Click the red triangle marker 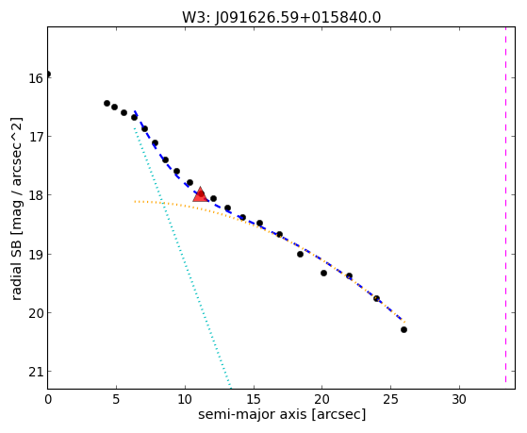[200, 194]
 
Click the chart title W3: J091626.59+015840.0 [281, 18]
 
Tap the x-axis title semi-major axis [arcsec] [282, 414]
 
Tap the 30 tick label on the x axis [459, 400]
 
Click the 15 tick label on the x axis [254, 400]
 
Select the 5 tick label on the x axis [116, 400]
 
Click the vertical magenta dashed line [505, 205]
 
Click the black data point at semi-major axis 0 [48, 74]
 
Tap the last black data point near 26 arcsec [404, 330]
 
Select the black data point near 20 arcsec [323, 274]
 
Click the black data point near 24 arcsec [377, 298]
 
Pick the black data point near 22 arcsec [349, 275]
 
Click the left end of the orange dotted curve [135, 202]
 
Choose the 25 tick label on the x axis [390, 400]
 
